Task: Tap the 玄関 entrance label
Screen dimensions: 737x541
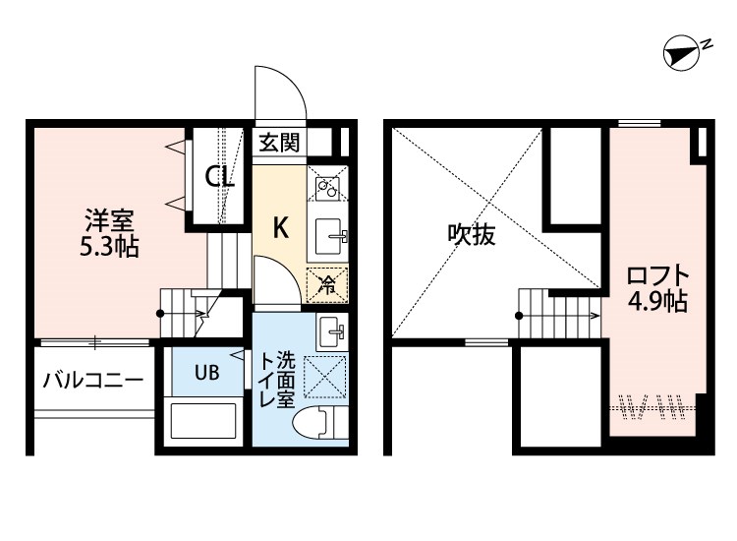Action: pos(280,142)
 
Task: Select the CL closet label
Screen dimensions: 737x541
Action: pos(219,178)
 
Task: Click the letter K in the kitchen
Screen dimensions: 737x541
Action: pos(281,228)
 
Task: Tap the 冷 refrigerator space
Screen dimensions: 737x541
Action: pos(327,284)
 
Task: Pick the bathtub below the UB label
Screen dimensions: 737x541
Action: pos(202,421)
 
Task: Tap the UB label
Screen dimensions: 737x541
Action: pos(207,373)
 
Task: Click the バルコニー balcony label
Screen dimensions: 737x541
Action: pos(93,380)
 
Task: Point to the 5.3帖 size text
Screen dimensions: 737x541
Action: pos(109,247)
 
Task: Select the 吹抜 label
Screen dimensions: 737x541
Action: pos(472,234)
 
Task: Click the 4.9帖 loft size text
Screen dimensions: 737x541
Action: pos(658,302)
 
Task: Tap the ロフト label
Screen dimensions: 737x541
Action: pos(658,276)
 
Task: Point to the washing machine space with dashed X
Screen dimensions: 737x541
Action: pos(325,377)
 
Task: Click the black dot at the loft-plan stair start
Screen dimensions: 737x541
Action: pos(519,316)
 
